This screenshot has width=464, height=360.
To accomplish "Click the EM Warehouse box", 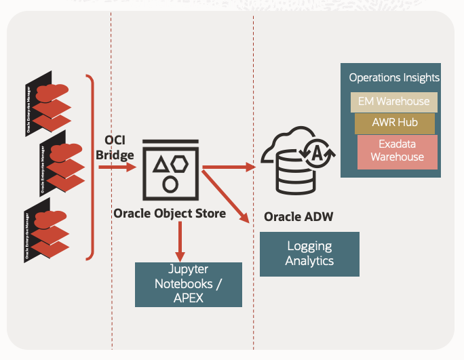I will point(393,102).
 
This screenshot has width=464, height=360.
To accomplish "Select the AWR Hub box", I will point(394,123).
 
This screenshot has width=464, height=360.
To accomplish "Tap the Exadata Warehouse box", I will point(397,151).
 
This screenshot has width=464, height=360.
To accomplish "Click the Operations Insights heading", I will point(394,77).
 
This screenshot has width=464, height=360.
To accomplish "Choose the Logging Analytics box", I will point(309,254).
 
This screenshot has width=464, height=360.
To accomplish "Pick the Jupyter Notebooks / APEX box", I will point(189,284).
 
